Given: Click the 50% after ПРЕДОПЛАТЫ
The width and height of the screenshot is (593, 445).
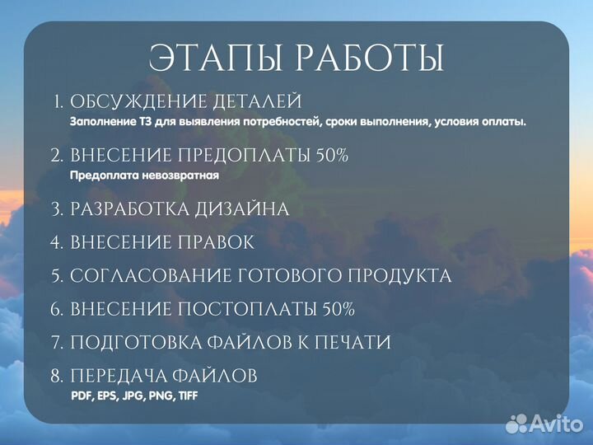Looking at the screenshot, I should click(x=332, y=156).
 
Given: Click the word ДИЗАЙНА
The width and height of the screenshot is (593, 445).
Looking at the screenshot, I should click(x=242, y=209).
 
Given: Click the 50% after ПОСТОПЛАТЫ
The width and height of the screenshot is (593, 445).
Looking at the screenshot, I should click(x=338, y=310).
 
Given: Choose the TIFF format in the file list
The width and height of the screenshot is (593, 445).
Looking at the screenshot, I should click(x=184, y=396).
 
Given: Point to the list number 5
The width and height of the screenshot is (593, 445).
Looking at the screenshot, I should click(x=56, y=277).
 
